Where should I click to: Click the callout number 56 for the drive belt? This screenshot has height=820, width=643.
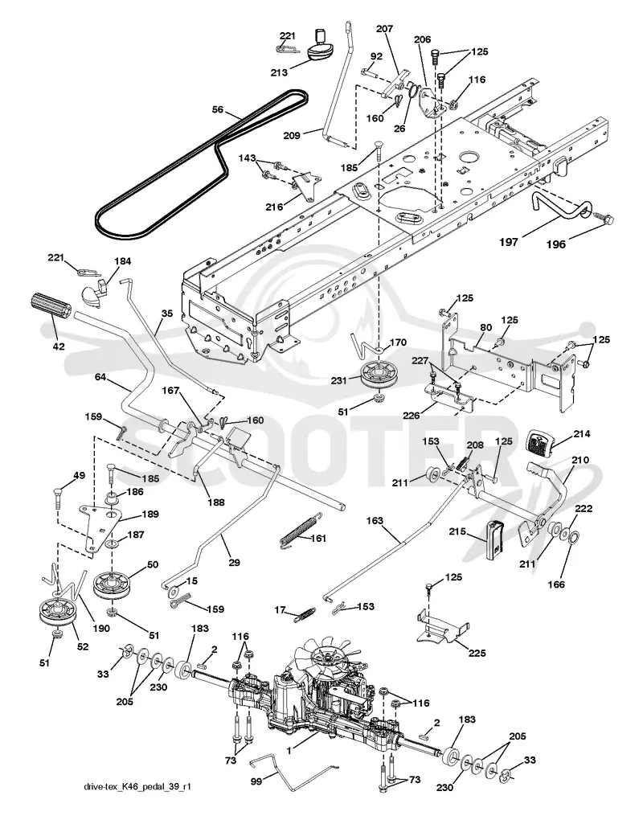click(218, 109)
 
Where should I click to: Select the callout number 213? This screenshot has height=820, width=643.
click(279, 72)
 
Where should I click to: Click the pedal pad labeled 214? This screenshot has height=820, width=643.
click(539, 442)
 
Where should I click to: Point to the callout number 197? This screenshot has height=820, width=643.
click(509, 242)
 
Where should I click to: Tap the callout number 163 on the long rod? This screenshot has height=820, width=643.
click(389, 521)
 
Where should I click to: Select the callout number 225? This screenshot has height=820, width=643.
click(477, 653)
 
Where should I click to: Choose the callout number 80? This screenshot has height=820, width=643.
click(485, 329)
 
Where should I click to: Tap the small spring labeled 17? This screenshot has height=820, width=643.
click(305, 613)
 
